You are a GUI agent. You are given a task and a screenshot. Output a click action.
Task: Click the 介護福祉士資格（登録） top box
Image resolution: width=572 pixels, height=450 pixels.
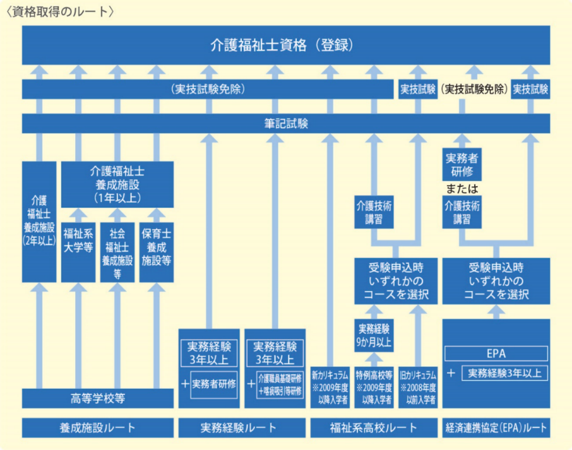(x=286, y=45)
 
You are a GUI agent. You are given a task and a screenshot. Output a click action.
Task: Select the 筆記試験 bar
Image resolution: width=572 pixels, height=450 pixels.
(x=286, y=124)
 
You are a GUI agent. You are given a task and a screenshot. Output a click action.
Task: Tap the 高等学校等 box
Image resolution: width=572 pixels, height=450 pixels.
(x=98, y=398)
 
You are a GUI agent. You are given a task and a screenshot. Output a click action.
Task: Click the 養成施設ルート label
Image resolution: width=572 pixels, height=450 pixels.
(x=98, y=428)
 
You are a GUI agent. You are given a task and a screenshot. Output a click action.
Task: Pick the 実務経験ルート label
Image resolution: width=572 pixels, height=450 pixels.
(x=242, y=428)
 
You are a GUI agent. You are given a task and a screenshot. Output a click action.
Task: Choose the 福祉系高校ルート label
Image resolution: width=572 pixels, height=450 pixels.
(x=374, y=428)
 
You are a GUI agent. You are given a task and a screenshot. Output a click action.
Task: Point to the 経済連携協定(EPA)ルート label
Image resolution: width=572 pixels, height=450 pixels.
(x=496, y=428)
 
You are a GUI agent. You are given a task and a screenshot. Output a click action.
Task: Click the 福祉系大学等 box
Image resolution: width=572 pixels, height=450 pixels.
(x=78, y=252)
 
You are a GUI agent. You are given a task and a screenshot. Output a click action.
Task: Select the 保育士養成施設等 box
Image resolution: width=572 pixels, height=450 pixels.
(x=157, y=252)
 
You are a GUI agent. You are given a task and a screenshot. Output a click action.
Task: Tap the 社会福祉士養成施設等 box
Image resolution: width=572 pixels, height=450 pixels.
(x=117, y=252)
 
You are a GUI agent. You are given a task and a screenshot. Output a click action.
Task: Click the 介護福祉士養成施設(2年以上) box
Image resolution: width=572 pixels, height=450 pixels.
(x=39, y=222)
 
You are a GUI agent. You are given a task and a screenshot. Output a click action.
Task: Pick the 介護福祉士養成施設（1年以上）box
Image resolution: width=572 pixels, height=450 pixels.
(x=117, y=184)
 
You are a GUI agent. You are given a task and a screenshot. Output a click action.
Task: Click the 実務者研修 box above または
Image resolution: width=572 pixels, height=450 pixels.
(x=462, y=165)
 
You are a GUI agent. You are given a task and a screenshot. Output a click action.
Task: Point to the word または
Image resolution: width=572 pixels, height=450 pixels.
(x=462, y=189)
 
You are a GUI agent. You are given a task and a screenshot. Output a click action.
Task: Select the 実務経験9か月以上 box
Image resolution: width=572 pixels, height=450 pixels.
(x=374, y=336)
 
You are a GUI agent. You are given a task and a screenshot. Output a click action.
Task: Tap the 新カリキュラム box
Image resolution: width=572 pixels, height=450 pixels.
(x=330, y=388)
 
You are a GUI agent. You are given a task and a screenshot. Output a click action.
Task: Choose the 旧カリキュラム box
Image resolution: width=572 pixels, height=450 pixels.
(x=418, y=388)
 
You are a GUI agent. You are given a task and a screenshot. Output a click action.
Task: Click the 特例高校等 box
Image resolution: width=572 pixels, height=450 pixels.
(x=374, y=388)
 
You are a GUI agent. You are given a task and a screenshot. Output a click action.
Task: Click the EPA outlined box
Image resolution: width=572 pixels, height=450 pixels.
(x=496, y=353)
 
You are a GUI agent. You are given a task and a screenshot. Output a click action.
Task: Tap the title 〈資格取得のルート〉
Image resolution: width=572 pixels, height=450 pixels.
(x=61, y=11)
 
